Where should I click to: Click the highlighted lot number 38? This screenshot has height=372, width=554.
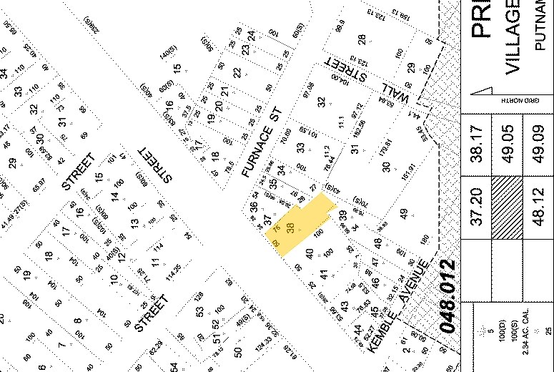pyautogui.click(x=290, y=228)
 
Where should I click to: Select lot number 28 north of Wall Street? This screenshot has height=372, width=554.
pyautogui.click(x=362, y=39)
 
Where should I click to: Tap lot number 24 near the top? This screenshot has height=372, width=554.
pyautogui.click(x=251, y=35)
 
